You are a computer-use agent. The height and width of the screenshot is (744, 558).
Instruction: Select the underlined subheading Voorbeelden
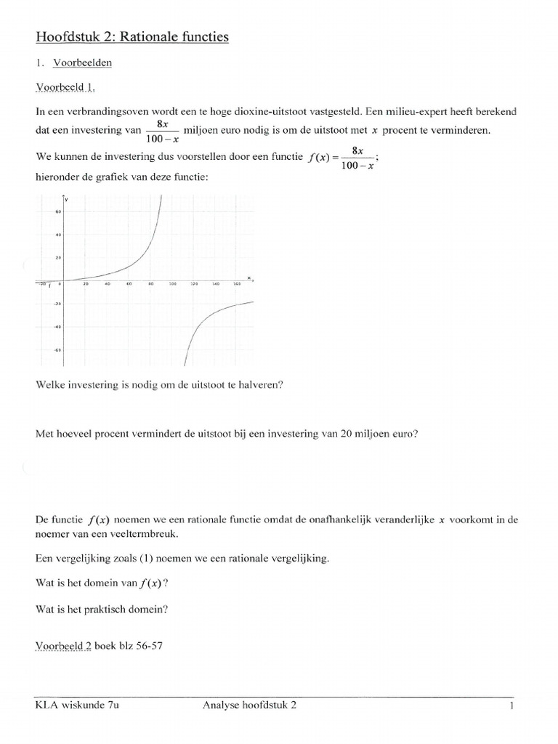82,62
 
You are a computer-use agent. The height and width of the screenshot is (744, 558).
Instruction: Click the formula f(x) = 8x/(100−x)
341,157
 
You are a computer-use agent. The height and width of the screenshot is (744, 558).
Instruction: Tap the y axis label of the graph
66,199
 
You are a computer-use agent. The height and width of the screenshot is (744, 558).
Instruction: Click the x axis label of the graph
248,277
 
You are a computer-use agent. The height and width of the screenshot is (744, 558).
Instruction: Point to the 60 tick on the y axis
58,211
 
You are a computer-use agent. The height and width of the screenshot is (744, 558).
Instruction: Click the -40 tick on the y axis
57,327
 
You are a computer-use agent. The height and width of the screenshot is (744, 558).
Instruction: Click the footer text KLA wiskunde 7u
76,705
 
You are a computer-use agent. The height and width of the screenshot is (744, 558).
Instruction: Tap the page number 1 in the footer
511,705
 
